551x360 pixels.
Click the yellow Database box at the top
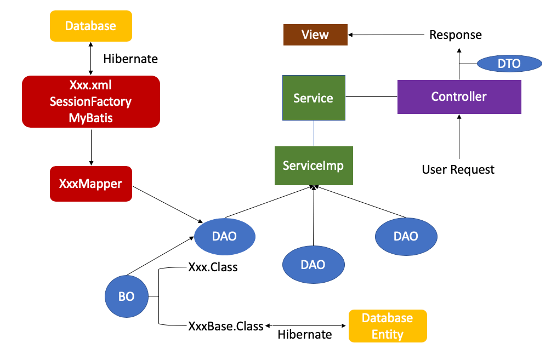point(90,26)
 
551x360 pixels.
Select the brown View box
point(315,35)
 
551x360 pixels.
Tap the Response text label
point(455,35)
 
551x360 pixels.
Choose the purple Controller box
point(459,97)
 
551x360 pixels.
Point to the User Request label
point(458,169)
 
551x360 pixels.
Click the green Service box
point(313,98)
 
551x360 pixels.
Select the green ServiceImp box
point(313,165)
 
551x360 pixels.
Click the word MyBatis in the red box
point(90,117)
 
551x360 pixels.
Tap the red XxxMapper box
point(90,184)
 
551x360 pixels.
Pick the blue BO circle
point(126,296)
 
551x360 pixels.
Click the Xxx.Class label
point(213,268)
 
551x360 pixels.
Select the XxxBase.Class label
point(225,325)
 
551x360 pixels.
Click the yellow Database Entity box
point(387,326)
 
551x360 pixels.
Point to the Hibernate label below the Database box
point(130,59)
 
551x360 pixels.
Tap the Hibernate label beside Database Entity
point(304,334)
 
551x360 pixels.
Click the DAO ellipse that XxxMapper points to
point(225,236)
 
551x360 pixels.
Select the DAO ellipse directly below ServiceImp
point(313,265)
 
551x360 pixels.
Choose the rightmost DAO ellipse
point(406,236)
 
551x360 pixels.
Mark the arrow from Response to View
point(387,35)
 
